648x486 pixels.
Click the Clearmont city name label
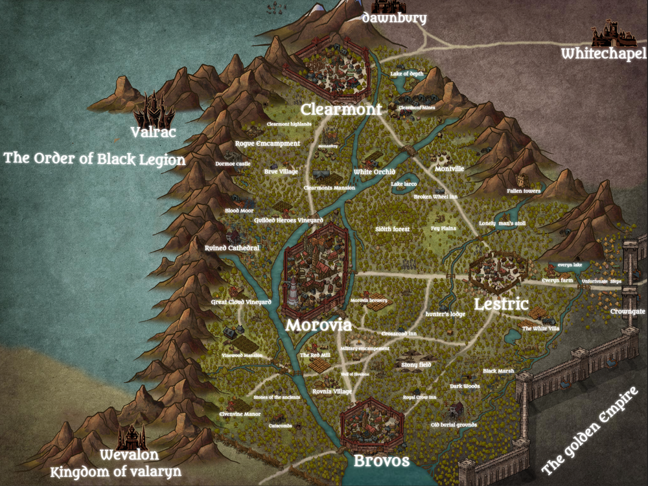pos(341,109)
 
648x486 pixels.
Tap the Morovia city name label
pos(319,325)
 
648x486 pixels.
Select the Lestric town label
pos(501,304)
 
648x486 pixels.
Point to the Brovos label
pos(381,461)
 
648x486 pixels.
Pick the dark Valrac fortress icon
pos(154,110)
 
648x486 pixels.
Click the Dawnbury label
pos(394,18)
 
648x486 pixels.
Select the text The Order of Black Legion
pos(95,159)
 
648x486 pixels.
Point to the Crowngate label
pos(628,312)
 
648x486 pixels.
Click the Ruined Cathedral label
pos(232,248)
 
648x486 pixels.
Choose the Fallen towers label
pos(524,192)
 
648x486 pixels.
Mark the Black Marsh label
pos(498,371)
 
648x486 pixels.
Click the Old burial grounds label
pos(454,425)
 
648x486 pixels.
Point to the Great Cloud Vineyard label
pos(241,302)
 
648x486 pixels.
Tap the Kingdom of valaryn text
pos(116,471)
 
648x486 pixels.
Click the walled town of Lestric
pos(496,273)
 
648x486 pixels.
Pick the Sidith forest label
pos(392,229)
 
